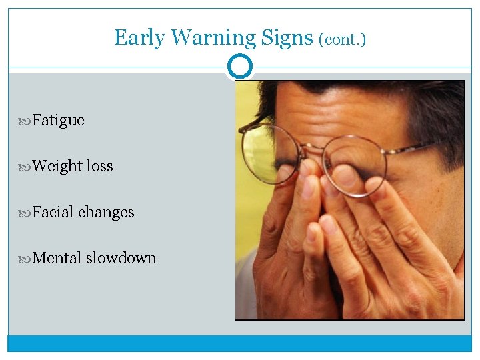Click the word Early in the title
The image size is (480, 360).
139,37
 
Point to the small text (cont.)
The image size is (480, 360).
342,39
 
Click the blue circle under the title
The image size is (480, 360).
240,67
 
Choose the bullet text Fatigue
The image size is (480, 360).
58,121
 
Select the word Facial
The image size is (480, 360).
53,212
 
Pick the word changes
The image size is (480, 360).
106,212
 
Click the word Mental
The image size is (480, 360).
57,258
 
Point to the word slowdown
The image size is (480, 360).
121,258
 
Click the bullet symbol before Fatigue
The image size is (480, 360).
26,121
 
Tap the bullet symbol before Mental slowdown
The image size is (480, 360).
26,258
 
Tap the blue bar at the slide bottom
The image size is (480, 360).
240,343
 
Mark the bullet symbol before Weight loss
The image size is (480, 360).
26,166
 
